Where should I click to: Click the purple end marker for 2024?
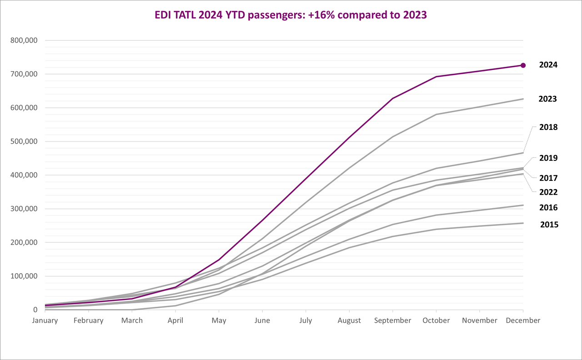pyautogui.click(x=523, y=65)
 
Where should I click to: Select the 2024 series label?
pyautogui.click(x=548, y=65)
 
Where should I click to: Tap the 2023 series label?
pyautogui.click(x=548, y=99)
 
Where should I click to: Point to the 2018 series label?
pyautogui.click(x=548, y=127)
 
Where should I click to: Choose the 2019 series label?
pyautogui.click(x=548, y=158)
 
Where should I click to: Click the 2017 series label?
pyautogui.click(x=548, y=178)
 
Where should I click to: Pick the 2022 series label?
pyautogui.click(x=548, y=192)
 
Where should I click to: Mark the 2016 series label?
pyautogui.click(x=548, y=208)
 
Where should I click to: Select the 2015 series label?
pyautogui.click(x=549, y=225)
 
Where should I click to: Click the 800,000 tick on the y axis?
pyautogui.click(x=24, y=40)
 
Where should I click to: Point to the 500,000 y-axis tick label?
pyautogui.click(x=24, y=141)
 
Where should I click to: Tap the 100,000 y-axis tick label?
pyautogui.click(x=24, y=276)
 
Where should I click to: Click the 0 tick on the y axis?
pyautogui.click(x=35, y=310)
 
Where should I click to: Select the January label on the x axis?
pyautogui.click(x=45, y=320)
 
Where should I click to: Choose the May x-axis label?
pyautogui.click(x=219, y=321)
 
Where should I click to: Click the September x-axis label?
pyautogui.click(x=392, y=321)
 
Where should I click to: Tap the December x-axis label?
pyautogui.click(x=523, y=320)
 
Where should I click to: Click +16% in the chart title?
pyautogui.click(x=321, y=15)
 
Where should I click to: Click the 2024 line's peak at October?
pyautogui.click(x=436, y=77)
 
